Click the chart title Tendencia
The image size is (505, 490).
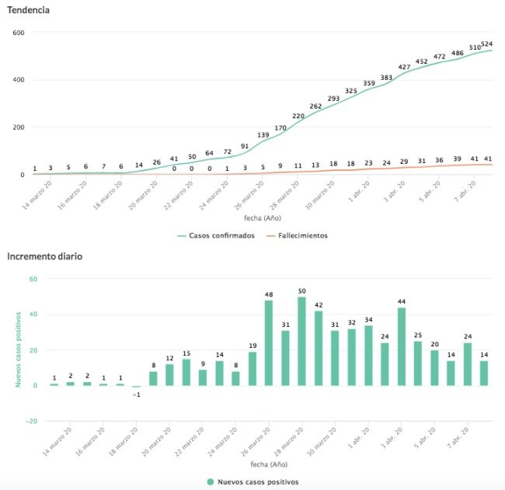pyautogui.click(x=29, y=10)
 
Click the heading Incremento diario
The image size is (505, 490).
pyautogui.click(x=46, y=255)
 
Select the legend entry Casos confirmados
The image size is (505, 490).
pyautogui.click(x=221, y=235)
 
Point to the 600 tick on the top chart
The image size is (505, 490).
pyautogui.click(x=19, y=33)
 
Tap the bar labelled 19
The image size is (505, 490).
pyautogui.click(x=252, y=369)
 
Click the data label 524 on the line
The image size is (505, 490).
pyautogui.click(x=487, y=43)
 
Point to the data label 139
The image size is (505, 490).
pyautogui.click(x=263, y=135)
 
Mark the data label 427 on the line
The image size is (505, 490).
pyautogui.click(x=404, y=67)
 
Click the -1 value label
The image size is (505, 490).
pyautogui.click(x=136, y=394)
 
